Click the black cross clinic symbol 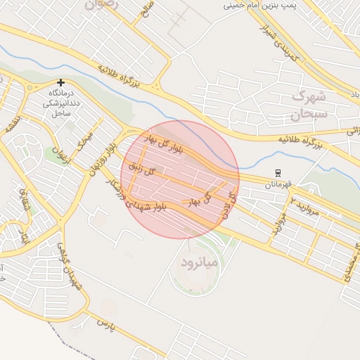pyautogui.click(x=61, y=83)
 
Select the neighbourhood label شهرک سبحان pyautogui.click(x=309, y=103)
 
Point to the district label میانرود pyautogui.click(x=198, y=264)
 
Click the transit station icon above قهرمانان pyautogui.click(x=278, y=173)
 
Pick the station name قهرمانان pyautogui.click(x=278, y=184)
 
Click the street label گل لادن pyautogui.click(x=227, y=204)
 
